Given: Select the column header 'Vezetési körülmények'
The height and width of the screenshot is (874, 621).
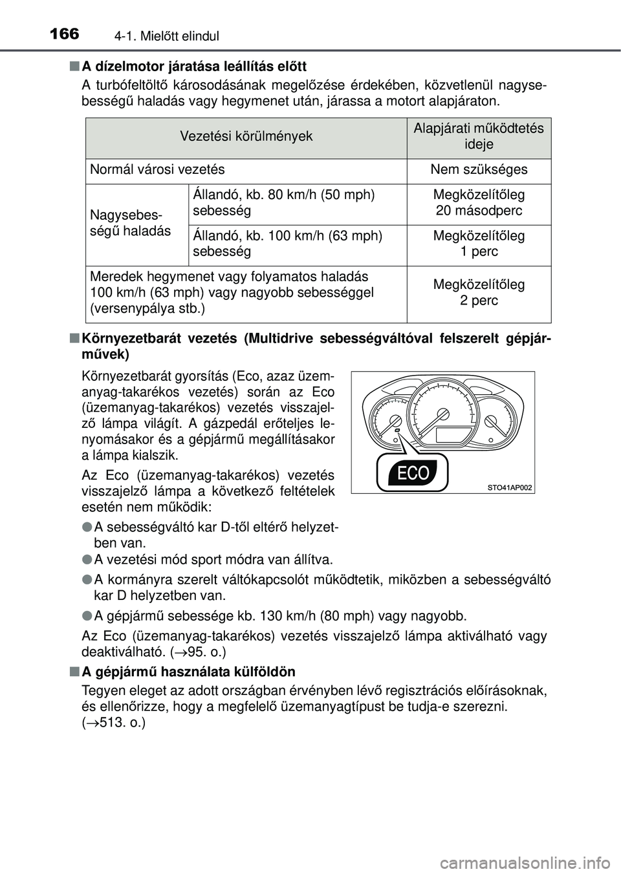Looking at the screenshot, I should (246, 136).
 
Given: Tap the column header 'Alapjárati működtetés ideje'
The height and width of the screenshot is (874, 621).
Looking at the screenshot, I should (479, 136).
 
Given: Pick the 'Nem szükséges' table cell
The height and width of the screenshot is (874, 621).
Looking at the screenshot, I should (479, 170).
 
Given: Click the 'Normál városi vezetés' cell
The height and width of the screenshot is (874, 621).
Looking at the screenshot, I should (158, 170).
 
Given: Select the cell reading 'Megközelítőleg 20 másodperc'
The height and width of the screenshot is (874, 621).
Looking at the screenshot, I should (479, 203).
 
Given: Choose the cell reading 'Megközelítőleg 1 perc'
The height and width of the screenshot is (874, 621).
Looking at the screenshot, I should (479, 244).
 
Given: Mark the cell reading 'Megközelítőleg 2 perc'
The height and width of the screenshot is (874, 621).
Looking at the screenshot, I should (479, 293).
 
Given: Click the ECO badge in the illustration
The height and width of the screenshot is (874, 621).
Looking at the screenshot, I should (413, 473).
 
